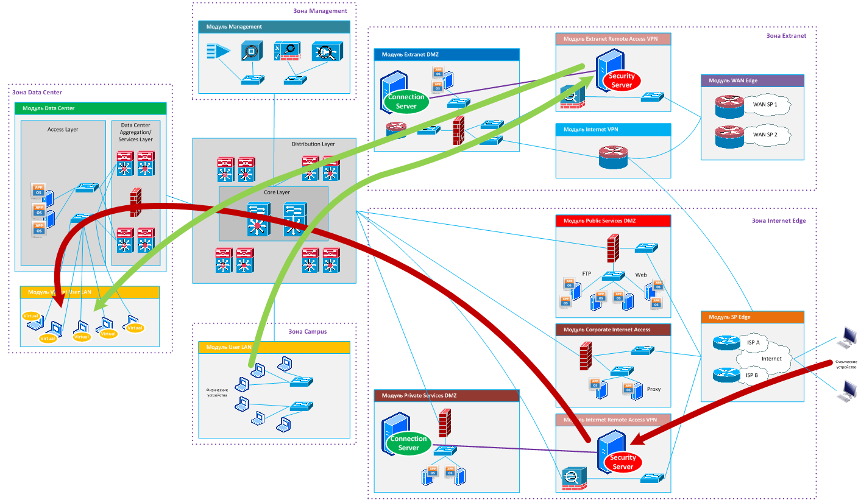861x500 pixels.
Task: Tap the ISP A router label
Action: coord(753,343)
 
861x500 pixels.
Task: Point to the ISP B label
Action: coord(752,375)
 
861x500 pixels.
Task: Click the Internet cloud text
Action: coord(771,359)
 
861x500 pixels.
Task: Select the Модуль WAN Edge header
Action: coord(753,80)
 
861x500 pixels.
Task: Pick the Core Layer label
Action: coord(277,192)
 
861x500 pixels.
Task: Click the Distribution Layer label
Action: coord(313,144)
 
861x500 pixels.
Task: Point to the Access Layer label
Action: coord(63,129)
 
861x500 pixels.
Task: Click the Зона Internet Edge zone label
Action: coord(779,221)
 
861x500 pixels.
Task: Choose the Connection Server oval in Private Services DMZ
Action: coord(409,443)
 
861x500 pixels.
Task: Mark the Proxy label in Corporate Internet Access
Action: coord(654,389)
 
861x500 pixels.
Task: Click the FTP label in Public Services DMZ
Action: coord(587,274)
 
